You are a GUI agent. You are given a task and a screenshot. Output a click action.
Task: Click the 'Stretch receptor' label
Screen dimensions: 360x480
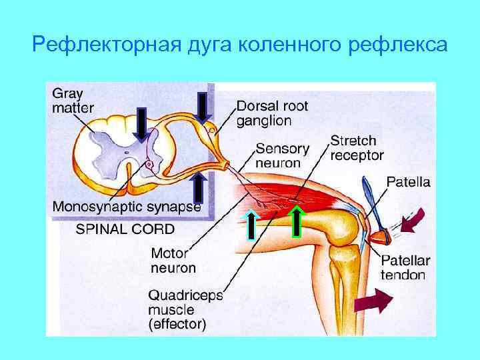coord(357,148)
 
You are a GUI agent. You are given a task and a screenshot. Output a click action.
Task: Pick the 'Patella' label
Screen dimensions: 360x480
coord(409,181)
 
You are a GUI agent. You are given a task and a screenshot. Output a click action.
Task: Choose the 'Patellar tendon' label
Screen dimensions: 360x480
coord(405,267)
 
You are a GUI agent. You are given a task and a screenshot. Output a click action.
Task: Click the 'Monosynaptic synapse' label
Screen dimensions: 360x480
coord(127,206)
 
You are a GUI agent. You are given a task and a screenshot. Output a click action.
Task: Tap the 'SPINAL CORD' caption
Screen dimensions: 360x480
coord(125,229)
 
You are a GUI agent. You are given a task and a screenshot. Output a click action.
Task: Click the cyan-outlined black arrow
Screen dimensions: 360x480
coord(251,223)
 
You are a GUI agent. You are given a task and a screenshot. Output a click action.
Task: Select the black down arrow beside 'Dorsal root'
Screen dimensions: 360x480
coord(202,107)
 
